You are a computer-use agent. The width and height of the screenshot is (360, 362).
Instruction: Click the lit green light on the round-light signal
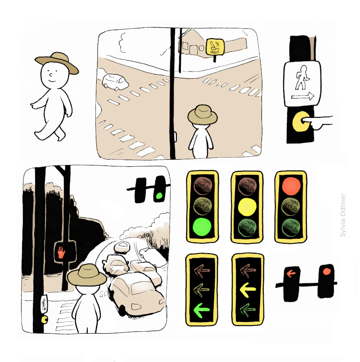pos(202,227)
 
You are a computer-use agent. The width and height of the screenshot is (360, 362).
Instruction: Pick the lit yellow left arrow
pos(247,290)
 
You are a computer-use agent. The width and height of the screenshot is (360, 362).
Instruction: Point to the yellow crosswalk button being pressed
pos(301,121)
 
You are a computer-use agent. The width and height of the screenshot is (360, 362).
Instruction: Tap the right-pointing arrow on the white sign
pos(302,96)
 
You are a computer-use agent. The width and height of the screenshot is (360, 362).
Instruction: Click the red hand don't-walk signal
pos(62,252)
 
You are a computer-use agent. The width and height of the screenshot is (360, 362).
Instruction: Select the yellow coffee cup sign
pos(215,47)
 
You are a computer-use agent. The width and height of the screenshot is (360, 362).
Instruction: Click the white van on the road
pos(115,82)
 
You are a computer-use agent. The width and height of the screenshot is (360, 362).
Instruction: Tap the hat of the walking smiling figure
pos(57,63)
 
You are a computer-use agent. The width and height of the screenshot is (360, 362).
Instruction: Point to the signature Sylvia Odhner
pos(343,215)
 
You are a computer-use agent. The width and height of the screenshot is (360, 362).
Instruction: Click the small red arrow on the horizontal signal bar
pos(291,273)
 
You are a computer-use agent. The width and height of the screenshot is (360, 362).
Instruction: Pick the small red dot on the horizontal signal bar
pos(327,272)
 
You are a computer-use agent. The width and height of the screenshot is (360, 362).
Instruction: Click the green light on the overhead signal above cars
pos(159,196)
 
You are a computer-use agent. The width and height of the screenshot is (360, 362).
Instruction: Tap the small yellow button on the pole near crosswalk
pos(44,320)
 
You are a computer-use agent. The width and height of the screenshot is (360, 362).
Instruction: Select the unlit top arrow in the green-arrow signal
pos(202,270)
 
